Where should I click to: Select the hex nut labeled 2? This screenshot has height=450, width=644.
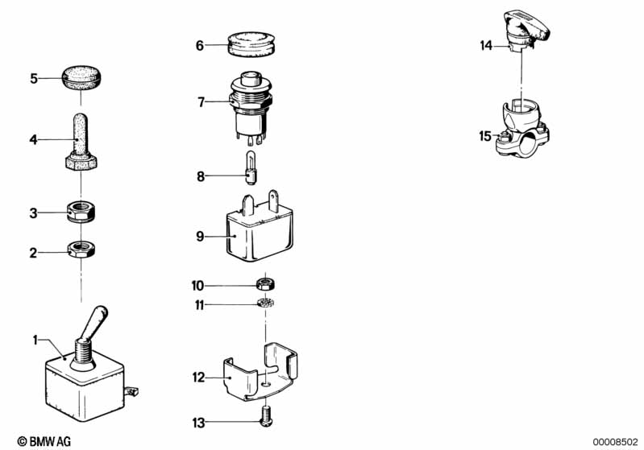tap(81, 250)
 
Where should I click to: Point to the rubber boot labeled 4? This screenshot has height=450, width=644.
tap(81, 143)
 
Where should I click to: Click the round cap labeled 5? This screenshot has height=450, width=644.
tap(81, 80)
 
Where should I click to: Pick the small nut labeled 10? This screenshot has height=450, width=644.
tap(264, 284)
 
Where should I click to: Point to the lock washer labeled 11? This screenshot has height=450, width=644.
tap(264, 303)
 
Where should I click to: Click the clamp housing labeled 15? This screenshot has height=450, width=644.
tap(520, 129)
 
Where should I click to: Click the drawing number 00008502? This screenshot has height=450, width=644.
tap(615, 440)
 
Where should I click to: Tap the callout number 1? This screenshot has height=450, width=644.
tap(35, 341)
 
